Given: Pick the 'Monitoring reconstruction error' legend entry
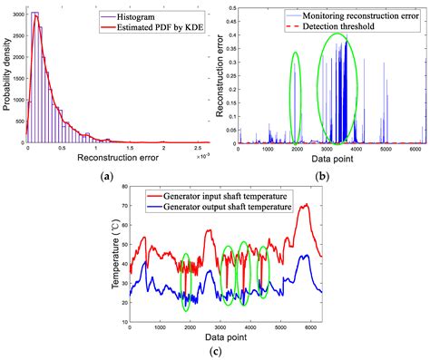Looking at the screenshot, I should point(367,15).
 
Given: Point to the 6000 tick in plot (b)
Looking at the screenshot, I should point(415,148).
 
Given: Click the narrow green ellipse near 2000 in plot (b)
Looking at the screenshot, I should point(295,97).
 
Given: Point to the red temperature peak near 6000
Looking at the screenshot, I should point(306,206).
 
